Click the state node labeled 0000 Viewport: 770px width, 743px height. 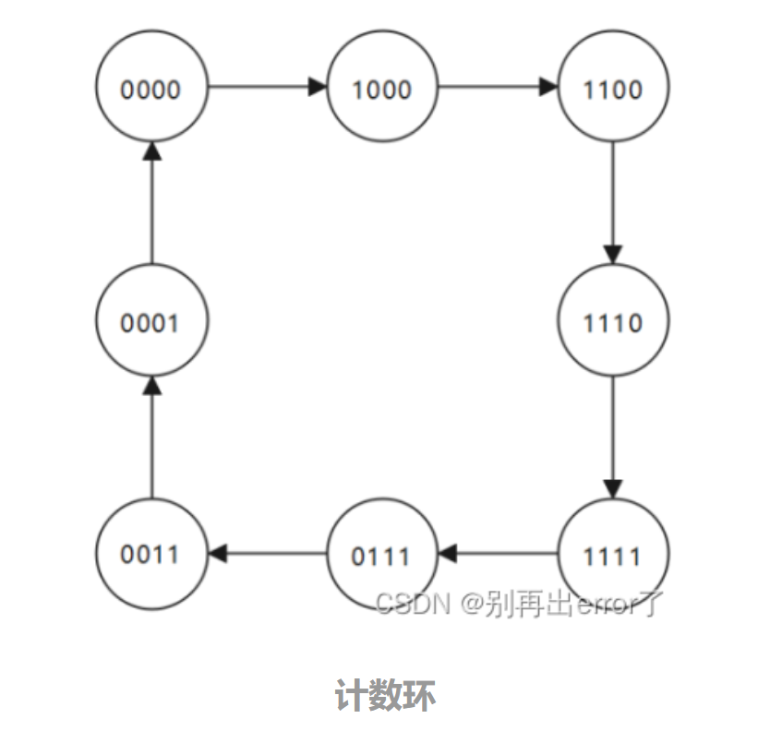pos(151,89)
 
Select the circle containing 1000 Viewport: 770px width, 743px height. pos(382,89)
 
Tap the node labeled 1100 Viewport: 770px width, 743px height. pos(613,89)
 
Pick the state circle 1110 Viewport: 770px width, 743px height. pos(613,322)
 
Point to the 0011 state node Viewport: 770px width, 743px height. pos(151,554)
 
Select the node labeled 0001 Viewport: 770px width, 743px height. pos(151,322)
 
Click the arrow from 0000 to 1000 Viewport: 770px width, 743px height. pos(267,88)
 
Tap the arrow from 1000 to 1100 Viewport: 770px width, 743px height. pos(498,88)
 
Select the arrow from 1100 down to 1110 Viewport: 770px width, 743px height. pos(613,203)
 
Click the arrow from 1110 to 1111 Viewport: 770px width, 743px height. pos(613,437)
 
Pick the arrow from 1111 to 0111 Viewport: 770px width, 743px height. pos(498,554)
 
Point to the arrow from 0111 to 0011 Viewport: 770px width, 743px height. pos(267,554)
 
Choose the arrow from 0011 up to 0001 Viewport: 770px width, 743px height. pos(152,437)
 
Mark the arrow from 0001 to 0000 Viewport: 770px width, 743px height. pos(152,203)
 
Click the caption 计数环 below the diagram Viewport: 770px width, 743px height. pos(384,695)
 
